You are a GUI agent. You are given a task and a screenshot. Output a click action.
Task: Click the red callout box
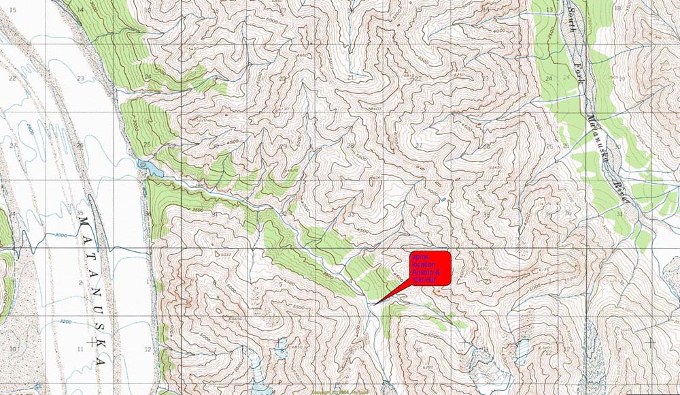pos(429,268)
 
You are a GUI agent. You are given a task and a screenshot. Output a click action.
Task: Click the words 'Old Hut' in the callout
pos(425,279)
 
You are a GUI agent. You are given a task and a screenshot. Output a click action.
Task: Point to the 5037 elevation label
pos(226,254)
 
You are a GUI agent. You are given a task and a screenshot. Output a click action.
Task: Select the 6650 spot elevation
pos(236,319)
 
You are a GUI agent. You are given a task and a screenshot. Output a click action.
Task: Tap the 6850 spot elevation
pos(296,347)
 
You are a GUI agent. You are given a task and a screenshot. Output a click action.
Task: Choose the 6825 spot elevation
pos(545,348)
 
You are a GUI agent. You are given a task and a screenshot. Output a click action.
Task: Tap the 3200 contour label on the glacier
pos(65,321)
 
